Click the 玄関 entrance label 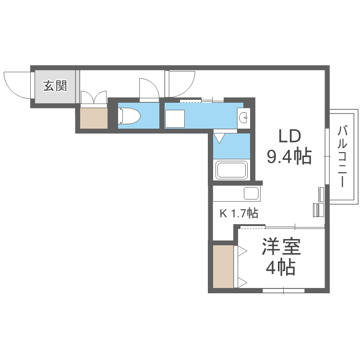[x=55, y=86]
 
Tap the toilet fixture [x=129, y=116]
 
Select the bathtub [x=232, y=170]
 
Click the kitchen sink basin [x=251, y=193]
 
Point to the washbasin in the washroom [x=243, y=116]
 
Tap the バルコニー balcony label [x=342, y=156]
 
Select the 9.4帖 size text [x=289, y=156]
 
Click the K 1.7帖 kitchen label [x=239, y=214]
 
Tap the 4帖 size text [x=281, y=268]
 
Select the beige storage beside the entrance [x=93, y=118]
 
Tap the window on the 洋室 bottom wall [x=283, y=290]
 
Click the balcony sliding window [x=326, y=156]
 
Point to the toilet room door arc [x=149, y=89]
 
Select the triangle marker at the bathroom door [x=219, y=138]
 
